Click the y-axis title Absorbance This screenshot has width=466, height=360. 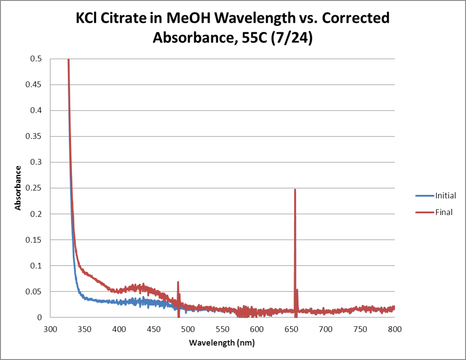(x=18, y=187)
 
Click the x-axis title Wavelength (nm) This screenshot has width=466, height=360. (x=222, y=343)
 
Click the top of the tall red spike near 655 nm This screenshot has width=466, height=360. (x=295, y=190)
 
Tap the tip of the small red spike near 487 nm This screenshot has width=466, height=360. (x=178, y=282)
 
